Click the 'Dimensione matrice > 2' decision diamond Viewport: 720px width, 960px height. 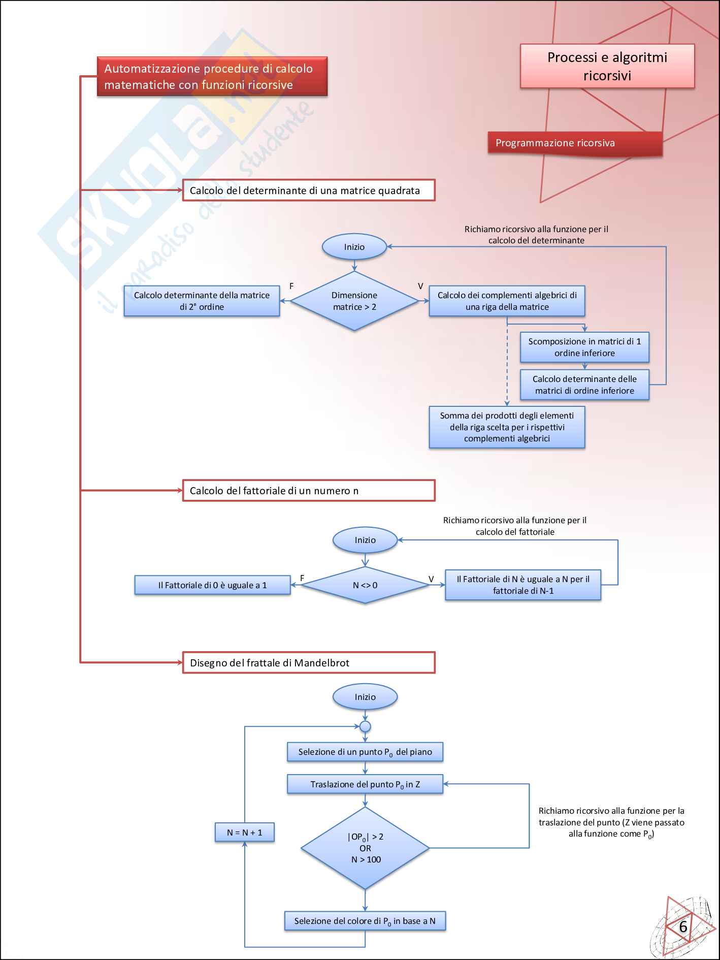[x=354, y=301]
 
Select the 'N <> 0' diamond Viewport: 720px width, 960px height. [x=365, y=585]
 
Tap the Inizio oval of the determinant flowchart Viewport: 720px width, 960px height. [x=354, y=247]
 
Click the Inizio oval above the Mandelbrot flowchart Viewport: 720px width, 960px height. [x=365, y=697]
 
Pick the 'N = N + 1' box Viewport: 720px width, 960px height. [x=245, y=833]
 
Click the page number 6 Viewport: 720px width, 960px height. [x=683, y=927]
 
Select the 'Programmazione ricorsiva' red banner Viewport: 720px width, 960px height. [x=575, y=143]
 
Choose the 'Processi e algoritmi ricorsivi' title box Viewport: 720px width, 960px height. [x=607, y=67]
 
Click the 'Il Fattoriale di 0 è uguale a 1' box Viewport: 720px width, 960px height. [x=212, y=585]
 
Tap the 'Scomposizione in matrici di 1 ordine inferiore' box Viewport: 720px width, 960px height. [x=584, y=347]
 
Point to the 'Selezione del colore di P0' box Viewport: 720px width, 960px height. [x=365, y=921]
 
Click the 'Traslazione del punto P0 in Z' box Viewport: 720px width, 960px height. [x=365, y=784]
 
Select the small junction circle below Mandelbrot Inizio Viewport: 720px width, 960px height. [x=365, y=726]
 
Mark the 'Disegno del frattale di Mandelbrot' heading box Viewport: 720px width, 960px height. [x=309, y=663]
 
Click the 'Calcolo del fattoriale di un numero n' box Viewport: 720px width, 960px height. [x=309, y=491]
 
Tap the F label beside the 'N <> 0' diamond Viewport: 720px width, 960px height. [x=302, y=578]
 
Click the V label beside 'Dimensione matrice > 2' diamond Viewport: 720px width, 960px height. [x=420, y=286]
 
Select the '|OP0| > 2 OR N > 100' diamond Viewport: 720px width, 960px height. [x=365, y=848]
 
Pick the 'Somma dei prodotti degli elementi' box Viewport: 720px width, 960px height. [x=507, y=427]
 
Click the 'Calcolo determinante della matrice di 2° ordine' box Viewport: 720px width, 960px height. [x=202, y=301]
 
